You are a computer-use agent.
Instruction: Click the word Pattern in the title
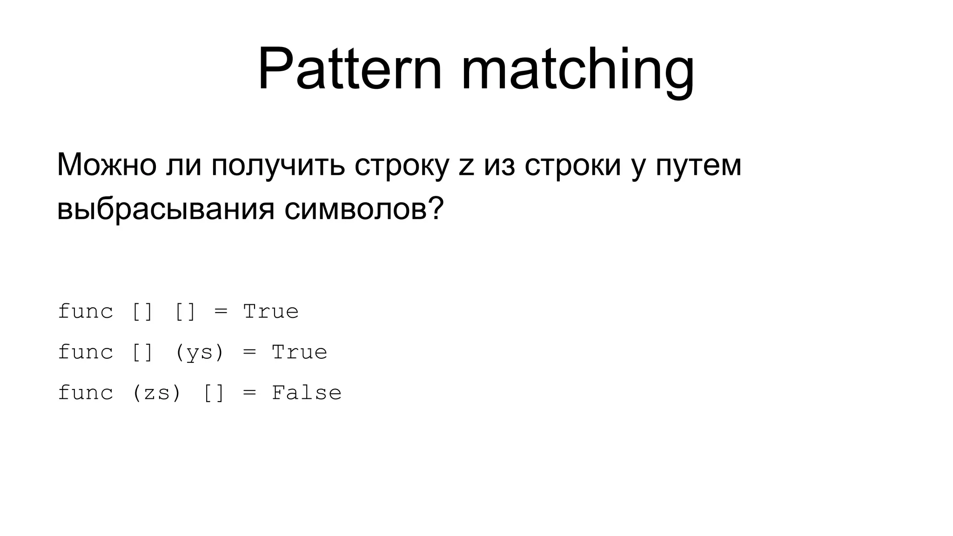point(349,70)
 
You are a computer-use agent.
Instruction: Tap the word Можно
point(107,165)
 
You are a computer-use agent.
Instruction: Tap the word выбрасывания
point(166,209)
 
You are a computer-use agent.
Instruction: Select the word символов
point(356,209)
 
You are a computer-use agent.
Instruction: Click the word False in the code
point(307,393)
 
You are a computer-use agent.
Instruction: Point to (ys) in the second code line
point(200,352)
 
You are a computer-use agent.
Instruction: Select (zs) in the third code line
point(157,393)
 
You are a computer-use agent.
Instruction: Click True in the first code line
point(271,311)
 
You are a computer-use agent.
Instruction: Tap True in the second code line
point(299,352)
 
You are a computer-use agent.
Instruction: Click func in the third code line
point(86,393)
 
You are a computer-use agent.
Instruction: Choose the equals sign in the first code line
point(221,312)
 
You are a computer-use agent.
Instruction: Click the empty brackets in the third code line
point(214,393)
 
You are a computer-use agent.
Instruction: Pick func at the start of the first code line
point(86,311)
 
